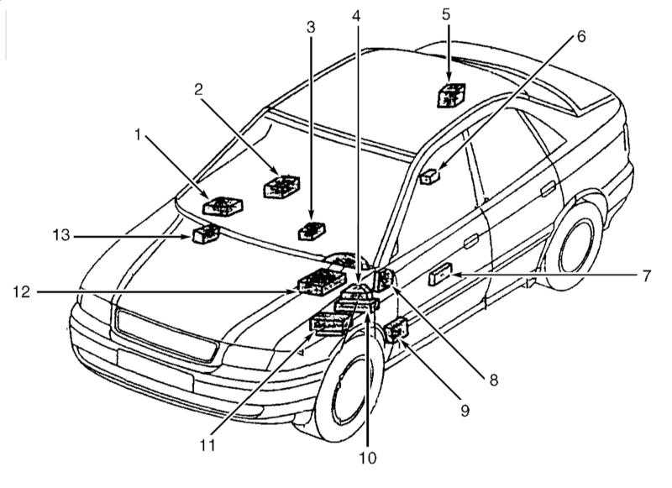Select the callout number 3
click(311, 27)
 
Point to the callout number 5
click(446, 14)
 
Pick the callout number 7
click(648, 275)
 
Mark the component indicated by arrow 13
click(206, 234)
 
